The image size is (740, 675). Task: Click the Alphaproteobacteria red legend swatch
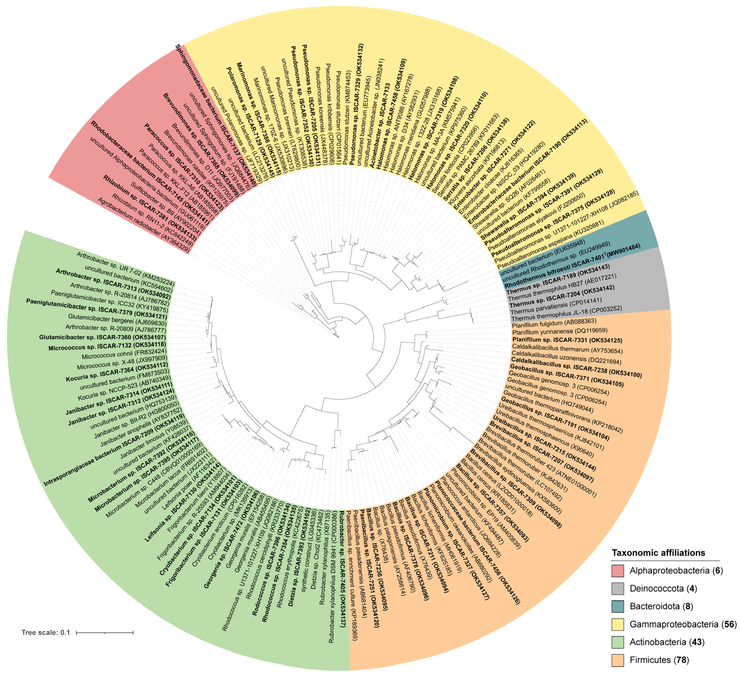pyautogui.click(x=618, y=571)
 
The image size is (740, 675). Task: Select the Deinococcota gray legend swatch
pyautogui.click(x=618, y=589)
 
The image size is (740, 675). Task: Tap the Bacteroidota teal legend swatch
pyautogui.click(x=618, y=606)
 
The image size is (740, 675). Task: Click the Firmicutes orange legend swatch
pyautogui.click(x=618, y=660)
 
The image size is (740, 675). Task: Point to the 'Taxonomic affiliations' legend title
pyautogui.click(x=658, y=553)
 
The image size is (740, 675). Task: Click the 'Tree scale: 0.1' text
pyautogui.click(x=46, y=633)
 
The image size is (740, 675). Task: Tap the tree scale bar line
pyautogui.click(x=105, y=633)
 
